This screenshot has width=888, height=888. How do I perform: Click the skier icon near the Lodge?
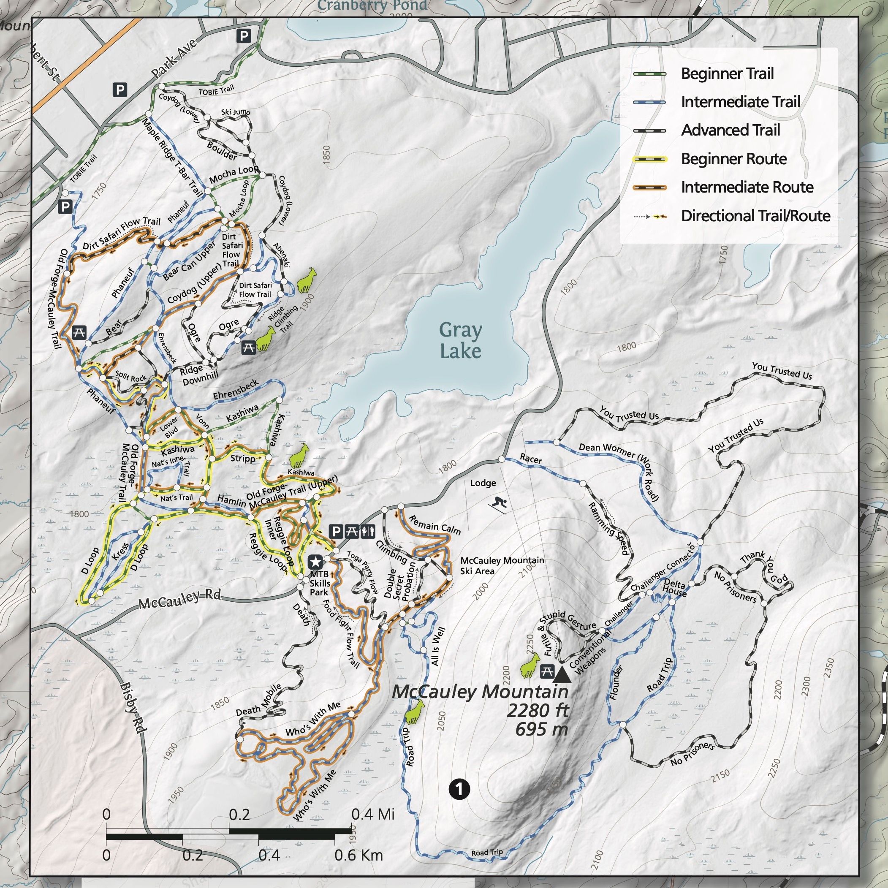click(499, 505)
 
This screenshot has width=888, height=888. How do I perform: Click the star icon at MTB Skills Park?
click(315, 562)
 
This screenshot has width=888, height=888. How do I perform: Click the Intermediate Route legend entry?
click(747, 187)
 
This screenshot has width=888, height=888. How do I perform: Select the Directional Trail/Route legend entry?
click(755, 216)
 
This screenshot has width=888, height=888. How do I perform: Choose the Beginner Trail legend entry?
click(727, 73)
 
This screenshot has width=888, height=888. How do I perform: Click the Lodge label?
click(483, 483)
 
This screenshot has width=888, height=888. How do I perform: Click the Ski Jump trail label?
click(235, 112)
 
